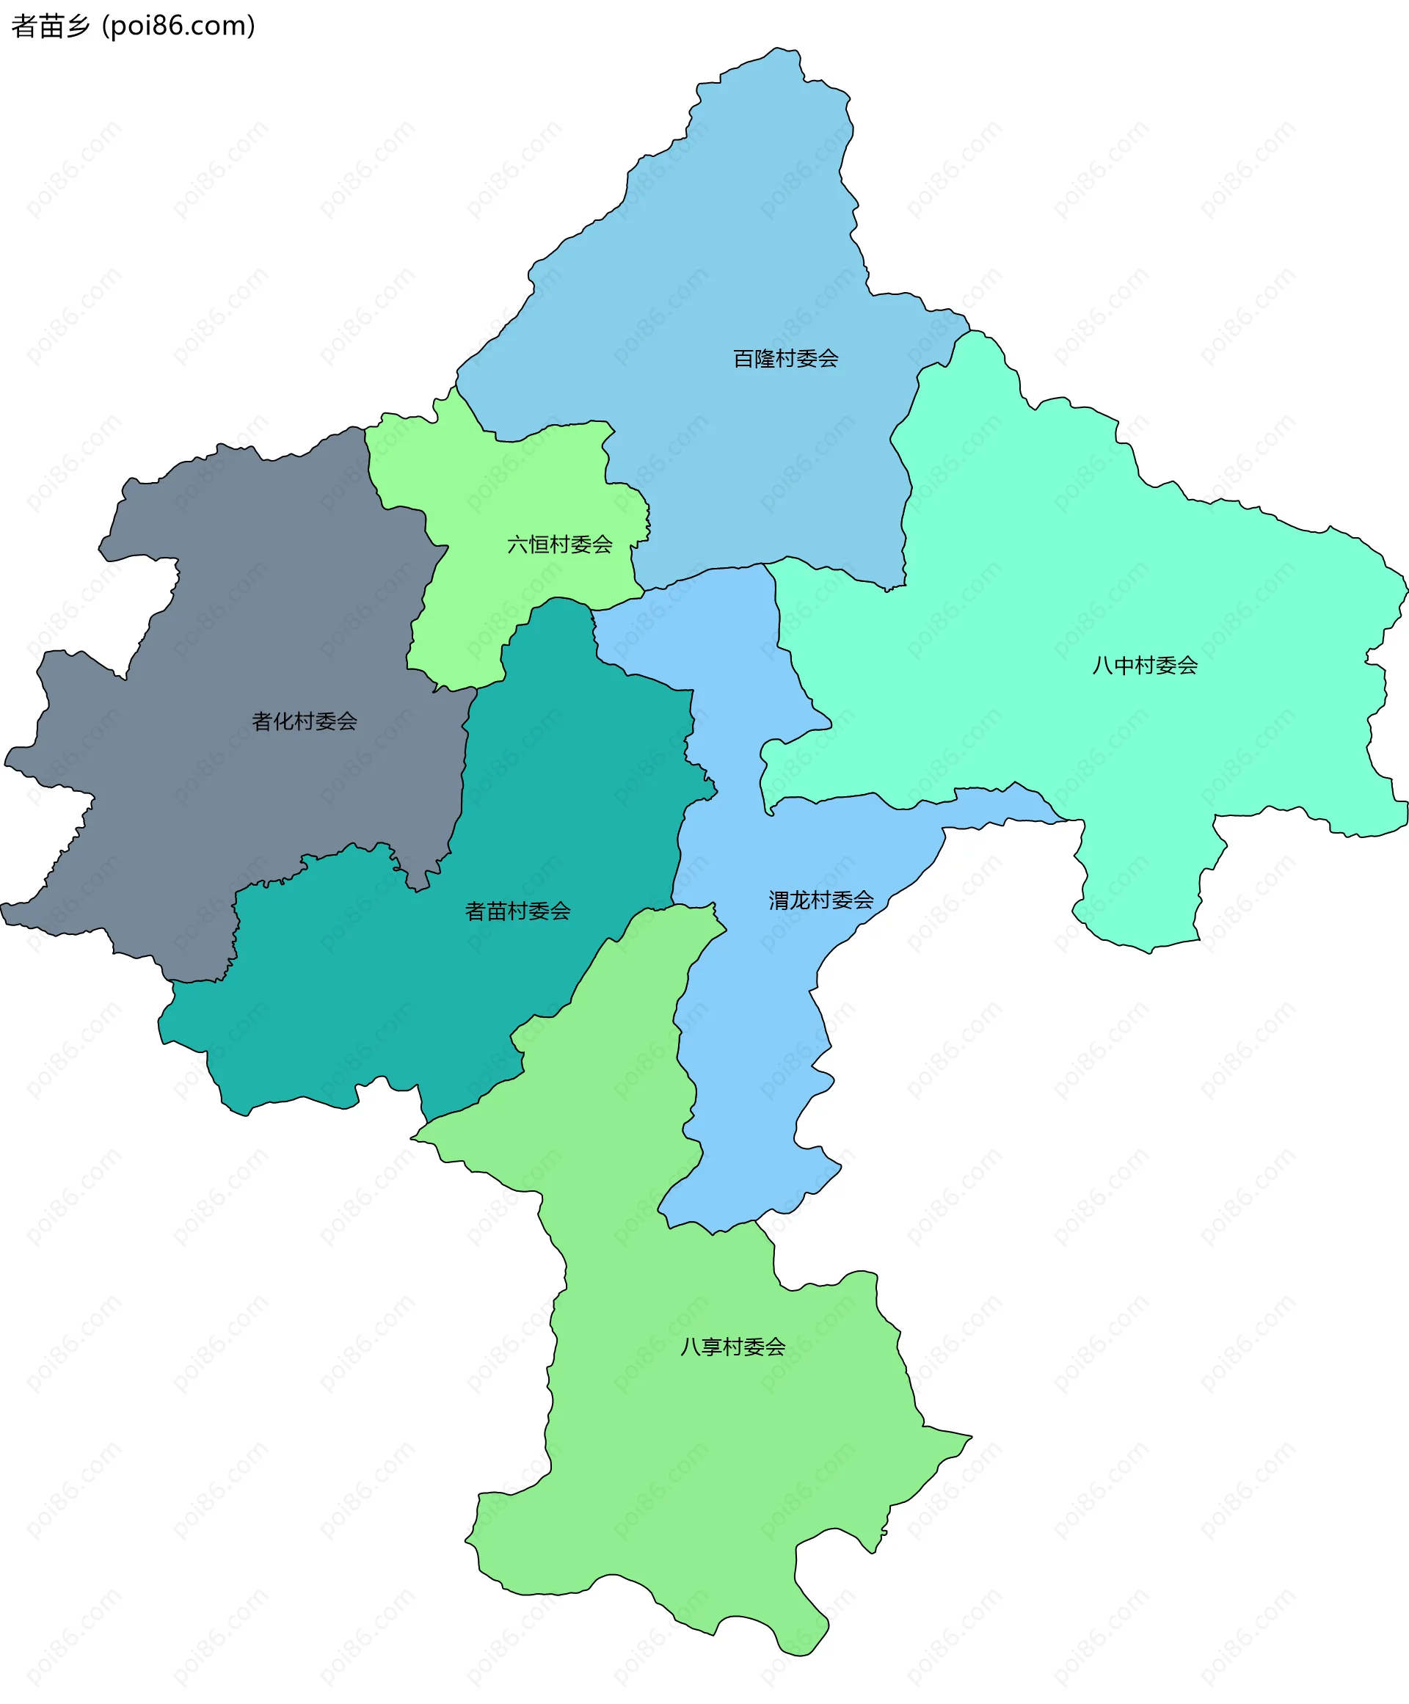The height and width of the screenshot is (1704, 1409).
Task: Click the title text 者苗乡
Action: coord(51,26)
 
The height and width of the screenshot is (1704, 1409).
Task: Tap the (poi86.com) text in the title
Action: coord(178,26)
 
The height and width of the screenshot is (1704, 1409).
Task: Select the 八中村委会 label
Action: coord(1144,666)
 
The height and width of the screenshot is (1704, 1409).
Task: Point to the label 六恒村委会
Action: coord(559,545)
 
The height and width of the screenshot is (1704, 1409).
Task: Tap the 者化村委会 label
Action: coord(305,721)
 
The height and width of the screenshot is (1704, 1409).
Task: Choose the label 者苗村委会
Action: coord(517,911)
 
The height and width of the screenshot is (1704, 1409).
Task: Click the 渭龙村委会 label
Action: coord(820,900)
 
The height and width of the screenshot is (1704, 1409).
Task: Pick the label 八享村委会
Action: coord(732,1347)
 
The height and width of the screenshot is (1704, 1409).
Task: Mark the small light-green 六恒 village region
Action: coord(520,487)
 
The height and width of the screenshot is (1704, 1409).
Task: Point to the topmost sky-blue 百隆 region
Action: coord(730,244)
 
